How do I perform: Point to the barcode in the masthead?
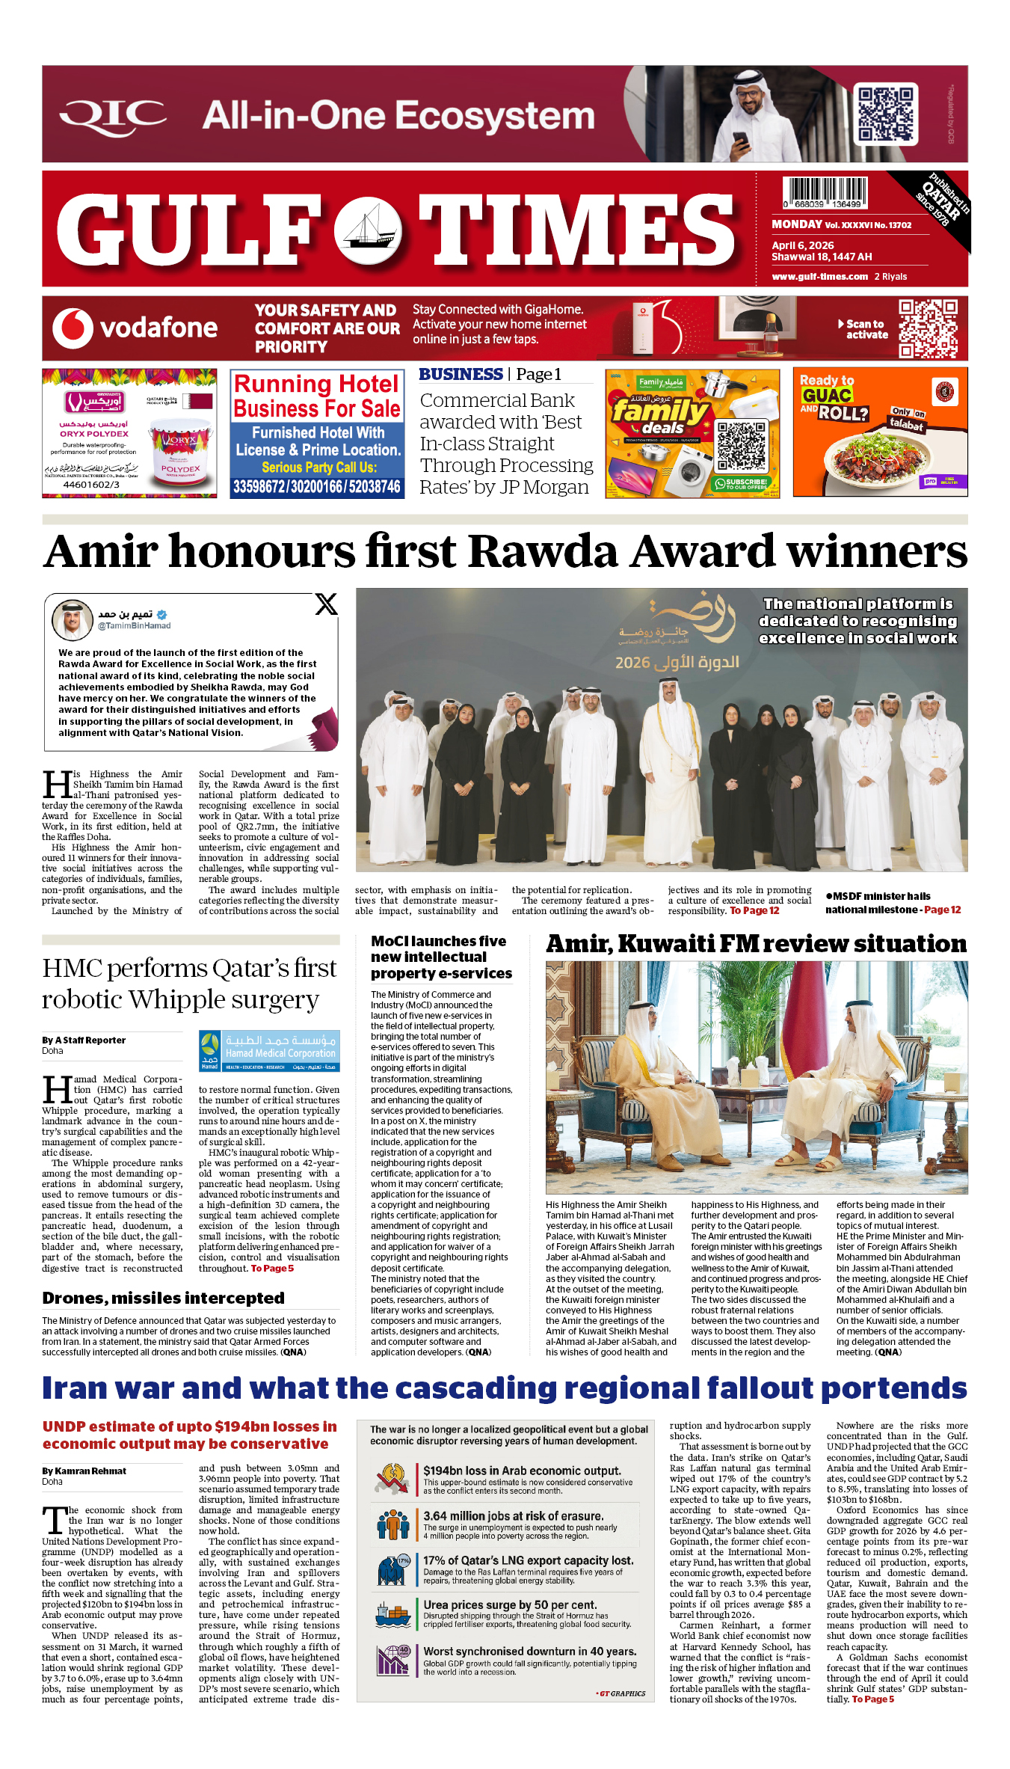[x=825, y=193]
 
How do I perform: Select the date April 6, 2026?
[x=803, y=245]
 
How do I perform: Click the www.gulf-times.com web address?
[x=819, y=276]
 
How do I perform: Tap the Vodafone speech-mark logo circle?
[x=73, y=328]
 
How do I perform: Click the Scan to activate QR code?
[x=928, y=328]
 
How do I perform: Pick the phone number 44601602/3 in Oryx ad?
[x=91, y=485]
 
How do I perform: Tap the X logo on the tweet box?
[x=326, y=604]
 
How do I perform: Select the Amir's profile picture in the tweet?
[x=72, y=620]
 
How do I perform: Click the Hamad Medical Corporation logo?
[x=269, y=1051]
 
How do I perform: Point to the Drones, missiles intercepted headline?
[x=153, y=1298]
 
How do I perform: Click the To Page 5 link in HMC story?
[x=272, y=1269]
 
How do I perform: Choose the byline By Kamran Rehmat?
[x=84, y=1471]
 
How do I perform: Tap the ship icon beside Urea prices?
[x=392, y=1614]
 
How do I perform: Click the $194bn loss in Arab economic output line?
[x=522, y=1471]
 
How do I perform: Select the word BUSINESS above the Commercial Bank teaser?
[x=461, y=374]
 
